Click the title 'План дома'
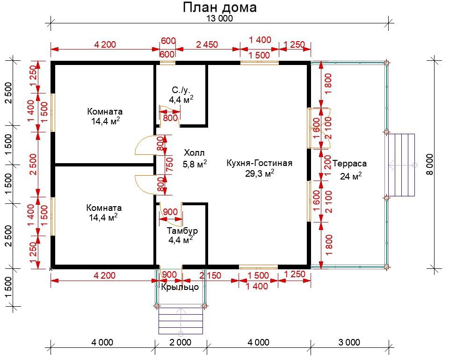pos(220,8)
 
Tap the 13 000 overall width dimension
pos(220,19)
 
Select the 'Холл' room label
pos(194,152)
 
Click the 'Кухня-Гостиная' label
pos(260,163)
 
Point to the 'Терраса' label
pos(349,164)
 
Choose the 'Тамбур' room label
pos(182,230)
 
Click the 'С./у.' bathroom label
pos(181,90)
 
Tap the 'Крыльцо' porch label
pos(180,287)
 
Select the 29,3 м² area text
pos(260,173)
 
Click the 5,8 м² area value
pos(195,164)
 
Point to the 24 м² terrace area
pos(351,176)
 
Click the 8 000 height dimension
pos(430,165)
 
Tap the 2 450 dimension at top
pos(207,44)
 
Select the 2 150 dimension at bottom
pos(210,275)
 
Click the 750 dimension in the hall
pos(169,165)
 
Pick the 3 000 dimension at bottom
pos(349,343)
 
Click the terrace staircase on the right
pos(401,165)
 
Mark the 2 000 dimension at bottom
pos(180,343)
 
